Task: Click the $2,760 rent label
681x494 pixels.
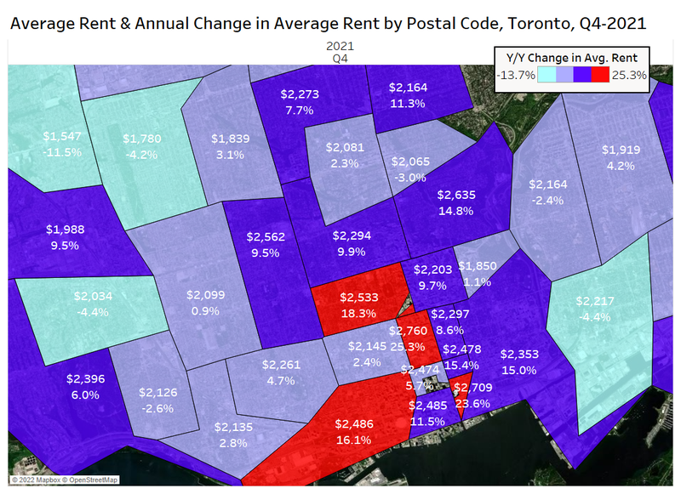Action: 407,330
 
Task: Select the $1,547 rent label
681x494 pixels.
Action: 63,136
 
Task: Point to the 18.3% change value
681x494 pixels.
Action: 358,313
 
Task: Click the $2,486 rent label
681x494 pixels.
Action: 354,423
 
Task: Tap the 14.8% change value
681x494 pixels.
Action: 456,212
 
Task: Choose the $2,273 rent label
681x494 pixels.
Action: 300,94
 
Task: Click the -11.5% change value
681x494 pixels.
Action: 63,153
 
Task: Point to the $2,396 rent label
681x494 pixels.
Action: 85,378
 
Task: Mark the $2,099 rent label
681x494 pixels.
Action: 207,294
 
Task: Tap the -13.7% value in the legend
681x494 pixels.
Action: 515,75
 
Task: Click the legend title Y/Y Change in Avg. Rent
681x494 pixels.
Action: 572,58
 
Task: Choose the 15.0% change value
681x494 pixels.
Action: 518,371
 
